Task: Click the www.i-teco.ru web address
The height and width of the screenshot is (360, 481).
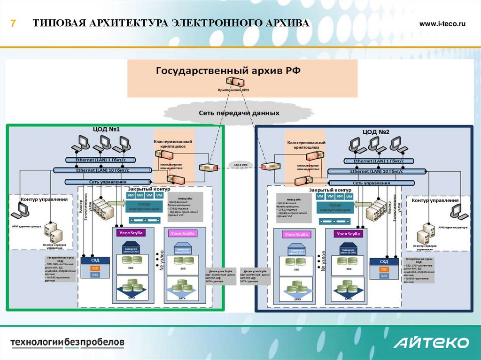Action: click(x=442, y=24)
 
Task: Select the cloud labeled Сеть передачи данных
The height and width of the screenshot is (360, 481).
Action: click(x=239, y=113)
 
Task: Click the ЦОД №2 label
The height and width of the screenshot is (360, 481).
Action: click(x=376, y=132)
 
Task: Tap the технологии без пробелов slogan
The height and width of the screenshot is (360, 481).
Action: click(x=68, y=342)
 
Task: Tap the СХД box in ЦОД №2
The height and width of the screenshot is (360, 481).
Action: click(x=384, y=261)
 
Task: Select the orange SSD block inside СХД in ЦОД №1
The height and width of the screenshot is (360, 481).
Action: click(x=95, y=268)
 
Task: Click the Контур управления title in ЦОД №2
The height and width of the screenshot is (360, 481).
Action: click(x=435, y=200)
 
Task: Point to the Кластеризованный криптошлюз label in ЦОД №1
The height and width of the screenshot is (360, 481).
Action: click(x=173, y=144)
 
